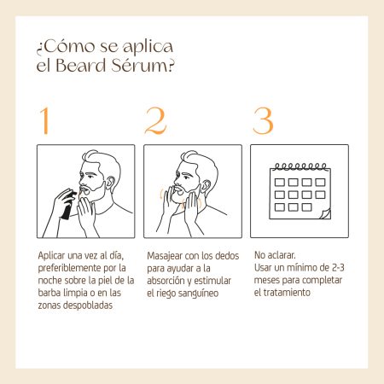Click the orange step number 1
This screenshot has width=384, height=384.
tap(44, 120)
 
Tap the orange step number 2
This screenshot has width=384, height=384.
tap(155, 120)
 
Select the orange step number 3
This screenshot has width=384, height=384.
tap(263, 120)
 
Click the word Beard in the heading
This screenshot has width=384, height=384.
tap(81, 65)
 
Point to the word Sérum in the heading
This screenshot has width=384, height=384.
tap(143, 65)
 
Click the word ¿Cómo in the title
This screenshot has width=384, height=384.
tap(65, 46)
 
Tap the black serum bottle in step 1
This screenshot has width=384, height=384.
tap(68, 206)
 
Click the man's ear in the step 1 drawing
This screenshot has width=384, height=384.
tap(110, 183)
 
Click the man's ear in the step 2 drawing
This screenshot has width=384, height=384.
tap(206, 187)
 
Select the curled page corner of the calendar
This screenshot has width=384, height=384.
tap(325, 214)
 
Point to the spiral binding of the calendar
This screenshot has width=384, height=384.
tap(300, 166)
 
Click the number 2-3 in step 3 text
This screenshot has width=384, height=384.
tap(338, 267)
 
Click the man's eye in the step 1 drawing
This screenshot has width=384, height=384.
tap(90, 177)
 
